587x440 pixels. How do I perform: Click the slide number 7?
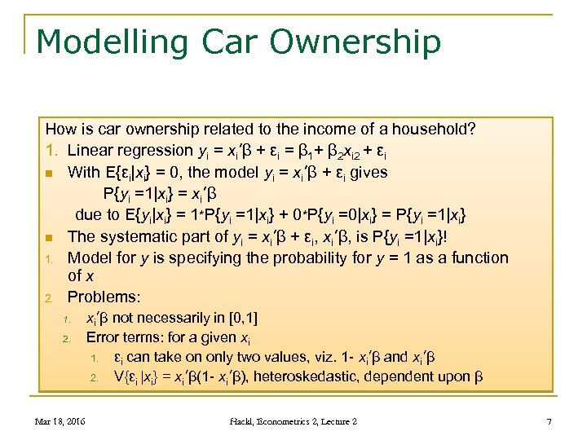tap(549, 420)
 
